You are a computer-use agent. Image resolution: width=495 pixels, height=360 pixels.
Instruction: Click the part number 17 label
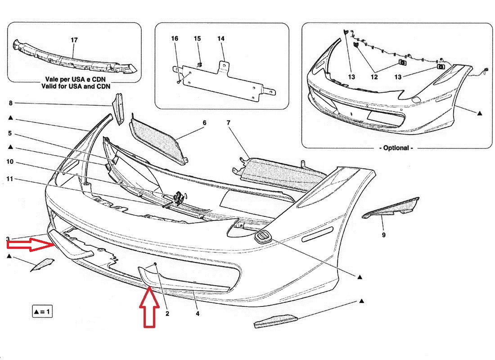(x=74, y=40)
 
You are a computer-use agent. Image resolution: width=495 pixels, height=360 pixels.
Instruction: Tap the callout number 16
(x=175, y=39)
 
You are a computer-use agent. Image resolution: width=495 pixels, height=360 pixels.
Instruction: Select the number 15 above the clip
(x=197, y=39)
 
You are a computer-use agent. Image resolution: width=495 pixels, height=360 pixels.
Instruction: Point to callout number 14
(x=220, y=39)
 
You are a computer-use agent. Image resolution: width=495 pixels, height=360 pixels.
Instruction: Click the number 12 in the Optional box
(x=374, y=77)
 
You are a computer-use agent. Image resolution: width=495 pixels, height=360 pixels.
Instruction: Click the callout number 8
(x=10, y=103)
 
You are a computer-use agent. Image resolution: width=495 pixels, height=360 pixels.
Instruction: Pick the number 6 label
(x=204, y=122)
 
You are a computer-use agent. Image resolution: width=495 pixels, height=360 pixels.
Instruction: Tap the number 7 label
(x=228, y=122)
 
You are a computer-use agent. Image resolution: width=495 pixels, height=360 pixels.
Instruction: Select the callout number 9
(x=383, y=234)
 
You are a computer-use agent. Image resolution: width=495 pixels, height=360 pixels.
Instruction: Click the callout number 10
(x=10, y=162)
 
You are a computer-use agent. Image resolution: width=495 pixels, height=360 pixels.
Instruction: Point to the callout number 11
(x=10, y=179)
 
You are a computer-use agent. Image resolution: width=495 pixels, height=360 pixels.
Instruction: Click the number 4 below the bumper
(x=197, y=314)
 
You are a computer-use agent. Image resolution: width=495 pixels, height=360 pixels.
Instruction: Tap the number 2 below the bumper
(x=167, y=314)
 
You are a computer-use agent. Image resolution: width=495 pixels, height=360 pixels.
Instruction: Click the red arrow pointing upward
(x=149, y=308)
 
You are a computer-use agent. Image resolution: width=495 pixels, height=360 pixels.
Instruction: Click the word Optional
(x=396, y=148)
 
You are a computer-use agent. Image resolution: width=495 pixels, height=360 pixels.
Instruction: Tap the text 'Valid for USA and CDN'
(x=74, y=85)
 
